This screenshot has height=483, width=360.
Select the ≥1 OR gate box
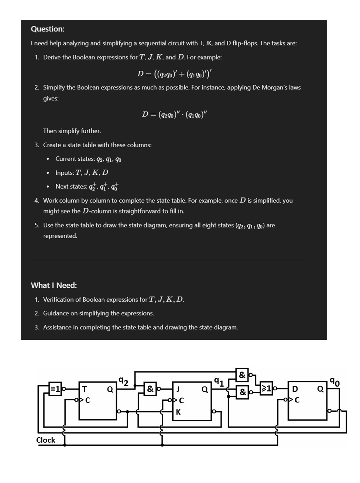tap(267, 389)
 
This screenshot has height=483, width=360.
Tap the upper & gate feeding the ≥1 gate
tap(242, 375)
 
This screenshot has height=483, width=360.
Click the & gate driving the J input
tap(150, 389)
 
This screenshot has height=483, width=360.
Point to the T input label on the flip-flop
tap(85, 389)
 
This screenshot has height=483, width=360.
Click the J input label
tap(178, 389)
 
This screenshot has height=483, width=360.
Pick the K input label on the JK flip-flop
tap(178, 412)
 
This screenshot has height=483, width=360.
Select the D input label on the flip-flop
tap(295, 389)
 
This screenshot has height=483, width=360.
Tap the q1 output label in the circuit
tap(219, 381)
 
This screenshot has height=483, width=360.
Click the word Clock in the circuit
tap(45, 440)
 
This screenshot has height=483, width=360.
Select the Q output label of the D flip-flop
tap(320, 389)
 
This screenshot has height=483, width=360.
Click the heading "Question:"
tap(48, 29)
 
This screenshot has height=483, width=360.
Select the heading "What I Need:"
tap(54, 285)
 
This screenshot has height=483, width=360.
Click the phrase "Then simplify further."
tap(72, 131)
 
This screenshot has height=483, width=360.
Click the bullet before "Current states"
tap(48, 159)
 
